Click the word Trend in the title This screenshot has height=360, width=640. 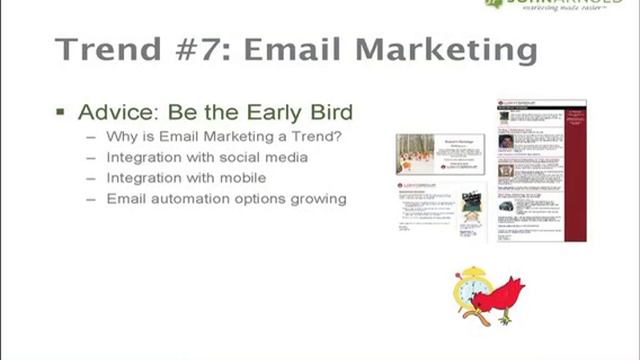(x=106, y=50)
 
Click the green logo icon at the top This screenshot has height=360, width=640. (x=492, y=3)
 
